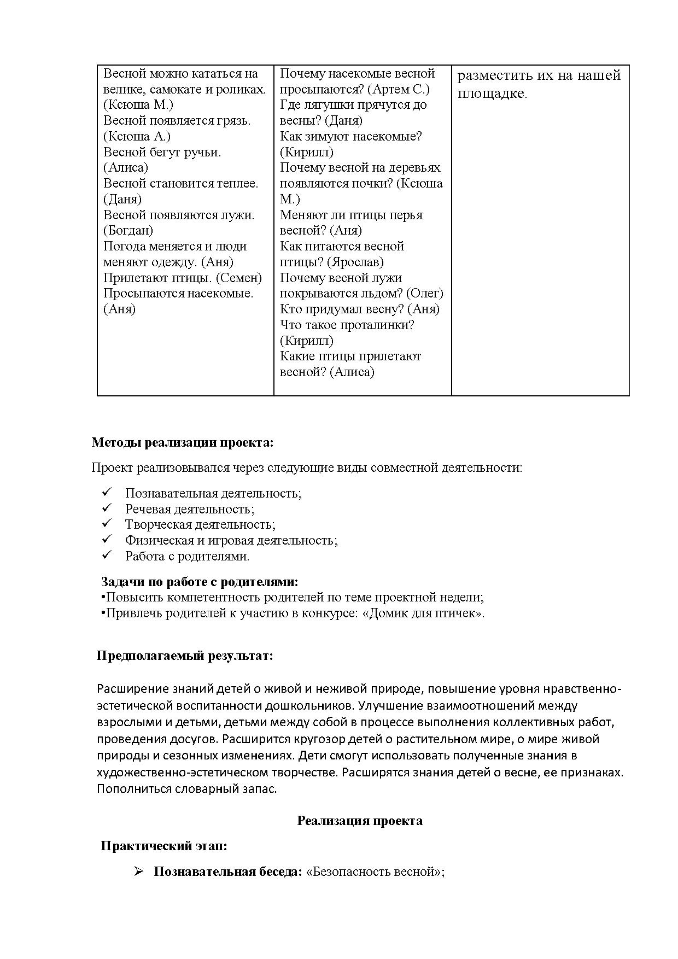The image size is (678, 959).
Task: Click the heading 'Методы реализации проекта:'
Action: [182, 442]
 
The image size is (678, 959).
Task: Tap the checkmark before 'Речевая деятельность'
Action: [107, 508]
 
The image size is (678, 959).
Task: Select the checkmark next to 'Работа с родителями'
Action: [107, 555]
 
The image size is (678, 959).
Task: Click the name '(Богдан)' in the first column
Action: [128, 231]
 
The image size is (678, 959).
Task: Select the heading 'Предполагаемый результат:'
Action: [185, 656]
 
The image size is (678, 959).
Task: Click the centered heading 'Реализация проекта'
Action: [359, 821]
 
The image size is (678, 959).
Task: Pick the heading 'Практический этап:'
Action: [164, 846]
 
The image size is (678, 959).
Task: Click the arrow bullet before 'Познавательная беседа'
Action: [138, 871]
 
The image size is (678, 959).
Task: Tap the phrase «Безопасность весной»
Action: [376, 872]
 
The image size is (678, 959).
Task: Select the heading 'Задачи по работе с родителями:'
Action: [200, 582]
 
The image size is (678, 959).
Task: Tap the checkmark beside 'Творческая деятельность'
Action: [107, 524]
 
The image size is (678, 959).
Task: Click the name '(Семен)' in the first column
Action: [239, 278]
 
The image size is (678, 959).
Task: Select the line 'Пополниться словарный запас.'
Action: [187, 789]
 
